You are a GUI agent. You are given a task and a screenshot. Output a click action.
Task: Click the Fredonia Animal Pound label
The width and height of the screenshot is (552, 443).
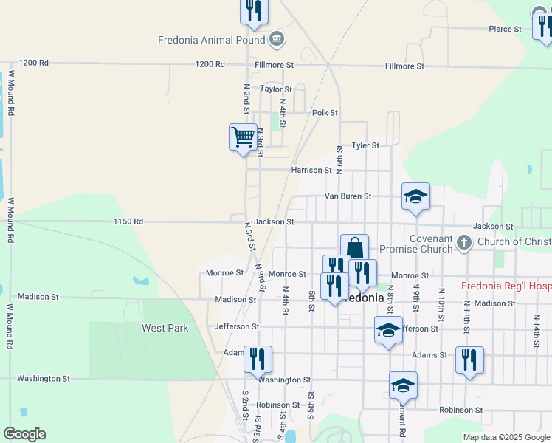[x=211, y=40]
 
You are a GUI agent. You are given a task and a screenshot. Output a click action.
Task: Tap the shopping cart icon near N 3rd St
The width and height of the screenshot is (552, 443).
[x=243, y=137]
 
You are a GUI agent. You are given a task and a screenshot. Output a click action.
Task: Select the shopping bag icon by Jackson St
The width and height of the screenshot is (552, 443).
[x=354, y=247]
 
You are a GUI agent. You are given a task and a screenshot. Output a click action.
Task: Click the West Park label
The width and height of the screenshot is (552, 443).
[x=165, y=328]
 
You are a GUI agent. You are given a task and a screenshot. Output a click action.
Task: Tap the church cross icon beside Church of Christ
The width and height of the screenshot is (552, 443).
[x=464, y=242]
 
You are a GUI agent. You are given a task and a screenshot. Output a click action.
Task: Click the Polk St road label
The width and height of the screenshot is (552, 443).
[x=325, y=113]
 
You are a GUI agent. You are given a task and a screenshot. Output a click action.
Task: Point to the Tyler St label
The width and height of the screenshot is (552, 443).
[x=365, y=145]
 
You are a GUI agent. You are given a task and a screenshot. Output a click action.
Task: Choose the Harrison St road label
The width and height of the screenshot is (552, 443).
[x=311, y=170]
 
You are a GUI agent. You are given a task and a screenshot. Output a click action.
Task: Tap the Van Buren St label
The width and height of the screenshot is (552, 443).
[x=348, y=196]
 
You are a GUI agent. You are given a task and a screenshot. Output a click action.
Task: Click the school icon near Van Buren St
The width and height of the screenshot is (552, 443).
[x=415, y=196]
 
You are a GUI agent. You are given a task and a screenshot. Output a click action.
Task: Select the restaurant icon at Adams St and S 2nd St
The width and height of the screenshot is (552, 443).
[x=258, y=360]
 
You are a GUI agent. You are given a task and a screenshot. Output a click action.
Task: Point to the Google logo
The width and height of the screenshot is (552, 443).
[x=24, y=434]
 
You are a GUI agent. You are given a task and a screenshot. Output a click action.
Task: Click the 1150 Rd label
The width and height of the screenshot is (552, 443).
[x=128, y=221]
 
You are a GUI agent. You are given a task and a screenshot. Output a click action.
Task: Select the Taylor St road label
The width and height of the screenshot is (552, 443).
[x=276, y=89]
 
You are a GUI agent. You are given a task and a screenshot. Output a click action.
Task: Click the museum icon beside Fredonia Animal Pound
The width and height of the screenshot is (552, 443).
[x=277, y=38]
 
